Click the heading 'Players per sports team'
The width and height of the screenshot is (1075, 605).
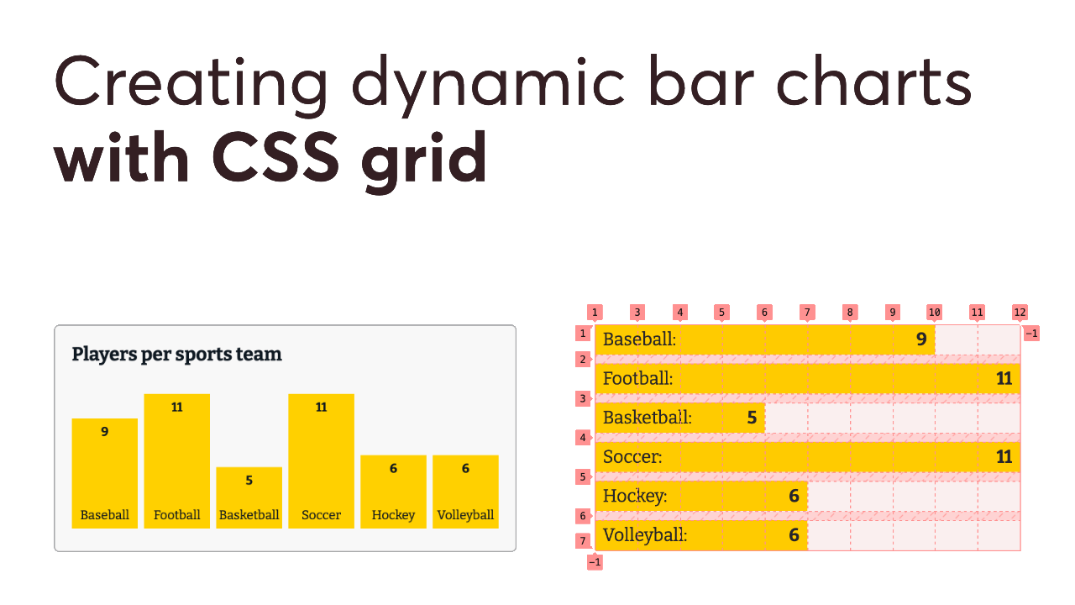click(x=176, y=354)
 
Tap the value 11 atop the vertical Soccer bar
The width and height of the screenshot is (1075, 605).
click(x=321, y=408)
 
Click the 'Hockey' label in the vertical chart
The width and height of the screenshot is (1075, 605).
click(x=393, y=515)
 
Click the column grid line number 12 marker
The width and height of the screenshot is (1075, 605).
click(x=1020, y=313)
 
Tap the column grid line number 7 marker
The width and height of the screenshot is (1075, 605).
click(x=806, y=313)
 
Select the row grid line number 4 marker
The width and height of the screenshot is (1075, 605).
click(x=583, y=437)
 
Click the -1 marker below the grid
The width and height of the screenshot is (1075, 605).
click(x=595, y=562)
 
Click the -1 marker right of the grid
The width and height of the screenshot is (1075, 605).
click(x=1032, y=334)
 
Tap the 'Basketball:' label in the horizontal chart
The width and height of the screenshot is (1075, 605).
click(x=647, y=418)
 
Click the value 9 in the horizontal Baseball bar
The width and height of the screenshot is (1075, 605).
click(x=920, y=339)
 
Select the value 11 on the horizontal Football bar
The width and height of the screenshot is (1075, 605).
click(x=1004, y=379)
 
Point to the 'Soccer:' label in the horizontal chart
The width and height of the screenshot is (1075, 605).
click(x=632, y=457)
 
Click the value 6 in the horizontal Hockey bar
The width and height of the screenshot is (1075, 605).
click(x=794, y=496)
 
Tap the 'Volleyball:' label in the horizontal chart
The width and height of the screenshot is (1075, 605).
click(x=644, y=534)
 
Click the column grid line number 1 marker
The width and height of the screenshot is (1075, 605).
click(x=595, y=313)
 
